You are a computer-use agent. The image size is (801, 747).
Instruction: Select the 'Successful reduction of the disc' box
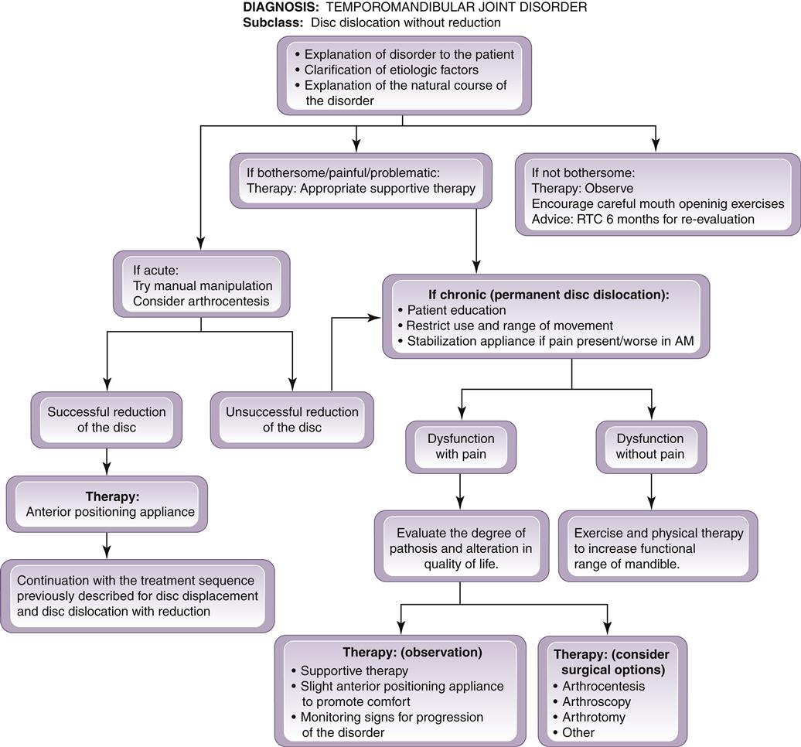pos(107,419)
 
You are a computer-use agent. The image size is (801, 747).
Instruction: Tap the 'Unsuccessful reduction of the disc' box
pos(291,419)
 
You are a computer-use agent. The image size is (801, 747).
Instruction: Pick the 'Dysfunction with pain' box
pos(461,446)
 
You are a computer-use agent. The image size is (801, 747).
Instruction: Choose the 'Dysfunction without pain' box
pos(650,446)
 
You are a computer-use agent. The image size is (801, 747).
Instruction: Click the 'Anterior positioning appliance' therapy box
pos(107,503)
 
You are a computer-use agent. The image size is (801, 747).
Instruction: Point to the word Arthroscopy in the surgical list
pos(596,701)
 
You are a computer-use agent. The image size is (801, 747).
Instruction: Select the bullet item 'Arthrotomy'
pos(594,717)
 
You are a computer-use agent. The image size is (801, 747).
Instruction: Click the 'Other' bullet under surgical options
pos(578,732)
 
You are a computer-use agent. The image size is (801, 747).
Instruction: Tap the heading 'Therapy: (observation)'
pos(412,652)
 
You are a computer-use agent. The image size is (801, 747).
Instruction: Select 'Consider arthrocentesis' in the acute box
pos(201,300)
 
